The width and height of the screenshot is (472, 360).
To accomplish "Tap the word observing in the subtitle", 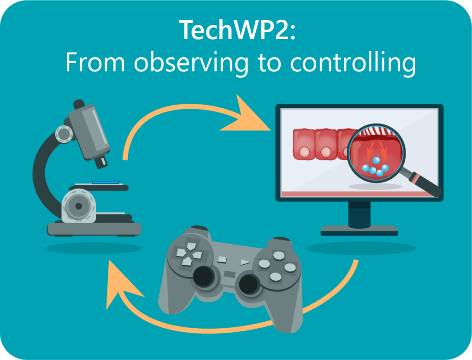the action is click(191, 63).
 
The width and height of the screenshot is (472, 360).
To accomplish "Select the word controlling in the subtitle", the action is click(353, 63).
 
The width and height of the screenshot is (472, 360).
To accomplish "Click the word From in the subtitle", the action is click(95, 62).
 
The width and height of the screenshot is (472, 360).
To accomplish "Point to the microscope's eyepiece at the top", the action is click(78, 104).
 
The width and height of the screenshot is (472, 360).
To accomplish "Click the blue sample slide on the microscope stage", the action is click(106, 183).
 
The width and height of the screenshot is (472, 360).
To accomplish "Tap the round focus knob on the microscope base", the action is click(78, 206).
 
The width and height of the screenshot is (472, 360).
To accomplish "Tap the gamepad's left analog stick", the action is click(203, 276).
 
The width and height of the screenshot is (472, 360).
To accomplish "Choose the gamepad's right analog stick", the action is click(248, 284).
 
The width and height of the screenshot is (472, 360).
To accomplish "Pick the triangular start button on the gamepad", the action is click(245, 262).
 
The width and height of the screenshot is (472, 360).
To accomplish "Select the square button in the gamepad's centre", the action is click(222, 260).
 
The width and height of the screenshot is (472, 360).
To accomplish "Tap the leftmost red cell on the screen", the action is click(303, 144).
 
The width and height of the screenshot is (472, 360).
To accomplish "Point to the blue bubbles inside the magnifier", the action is click(375, 166).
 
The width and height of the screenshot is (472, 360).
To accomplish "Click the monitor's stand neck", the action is click(360, 214).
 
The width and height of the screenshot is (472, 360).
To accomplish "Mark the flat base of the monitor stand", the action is click(360, 230).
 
